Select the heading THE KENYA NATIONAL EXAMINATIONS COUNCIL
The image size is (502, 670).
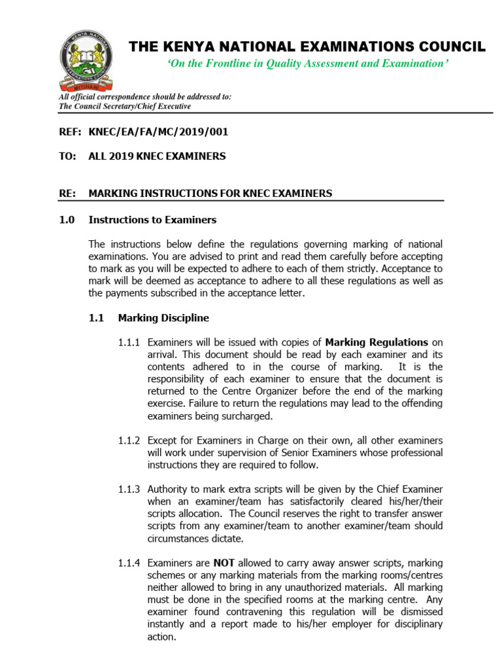[307, 46]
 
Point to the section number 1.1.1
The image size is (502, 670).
[129, 342]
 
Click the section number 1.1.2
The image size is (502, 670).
[129, 440]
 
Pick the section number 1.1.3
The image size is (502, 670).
[129, 489]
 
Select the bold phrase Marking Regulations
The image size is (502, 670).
[376, 342]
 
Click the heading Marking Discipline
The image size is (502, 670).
[163, 318]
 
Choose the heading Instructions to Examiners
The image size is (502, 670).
[152, 219]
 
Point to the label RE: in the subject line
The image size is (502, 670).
[67, 193]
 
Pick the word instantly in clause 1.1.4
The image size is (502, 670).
[168, 624]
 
